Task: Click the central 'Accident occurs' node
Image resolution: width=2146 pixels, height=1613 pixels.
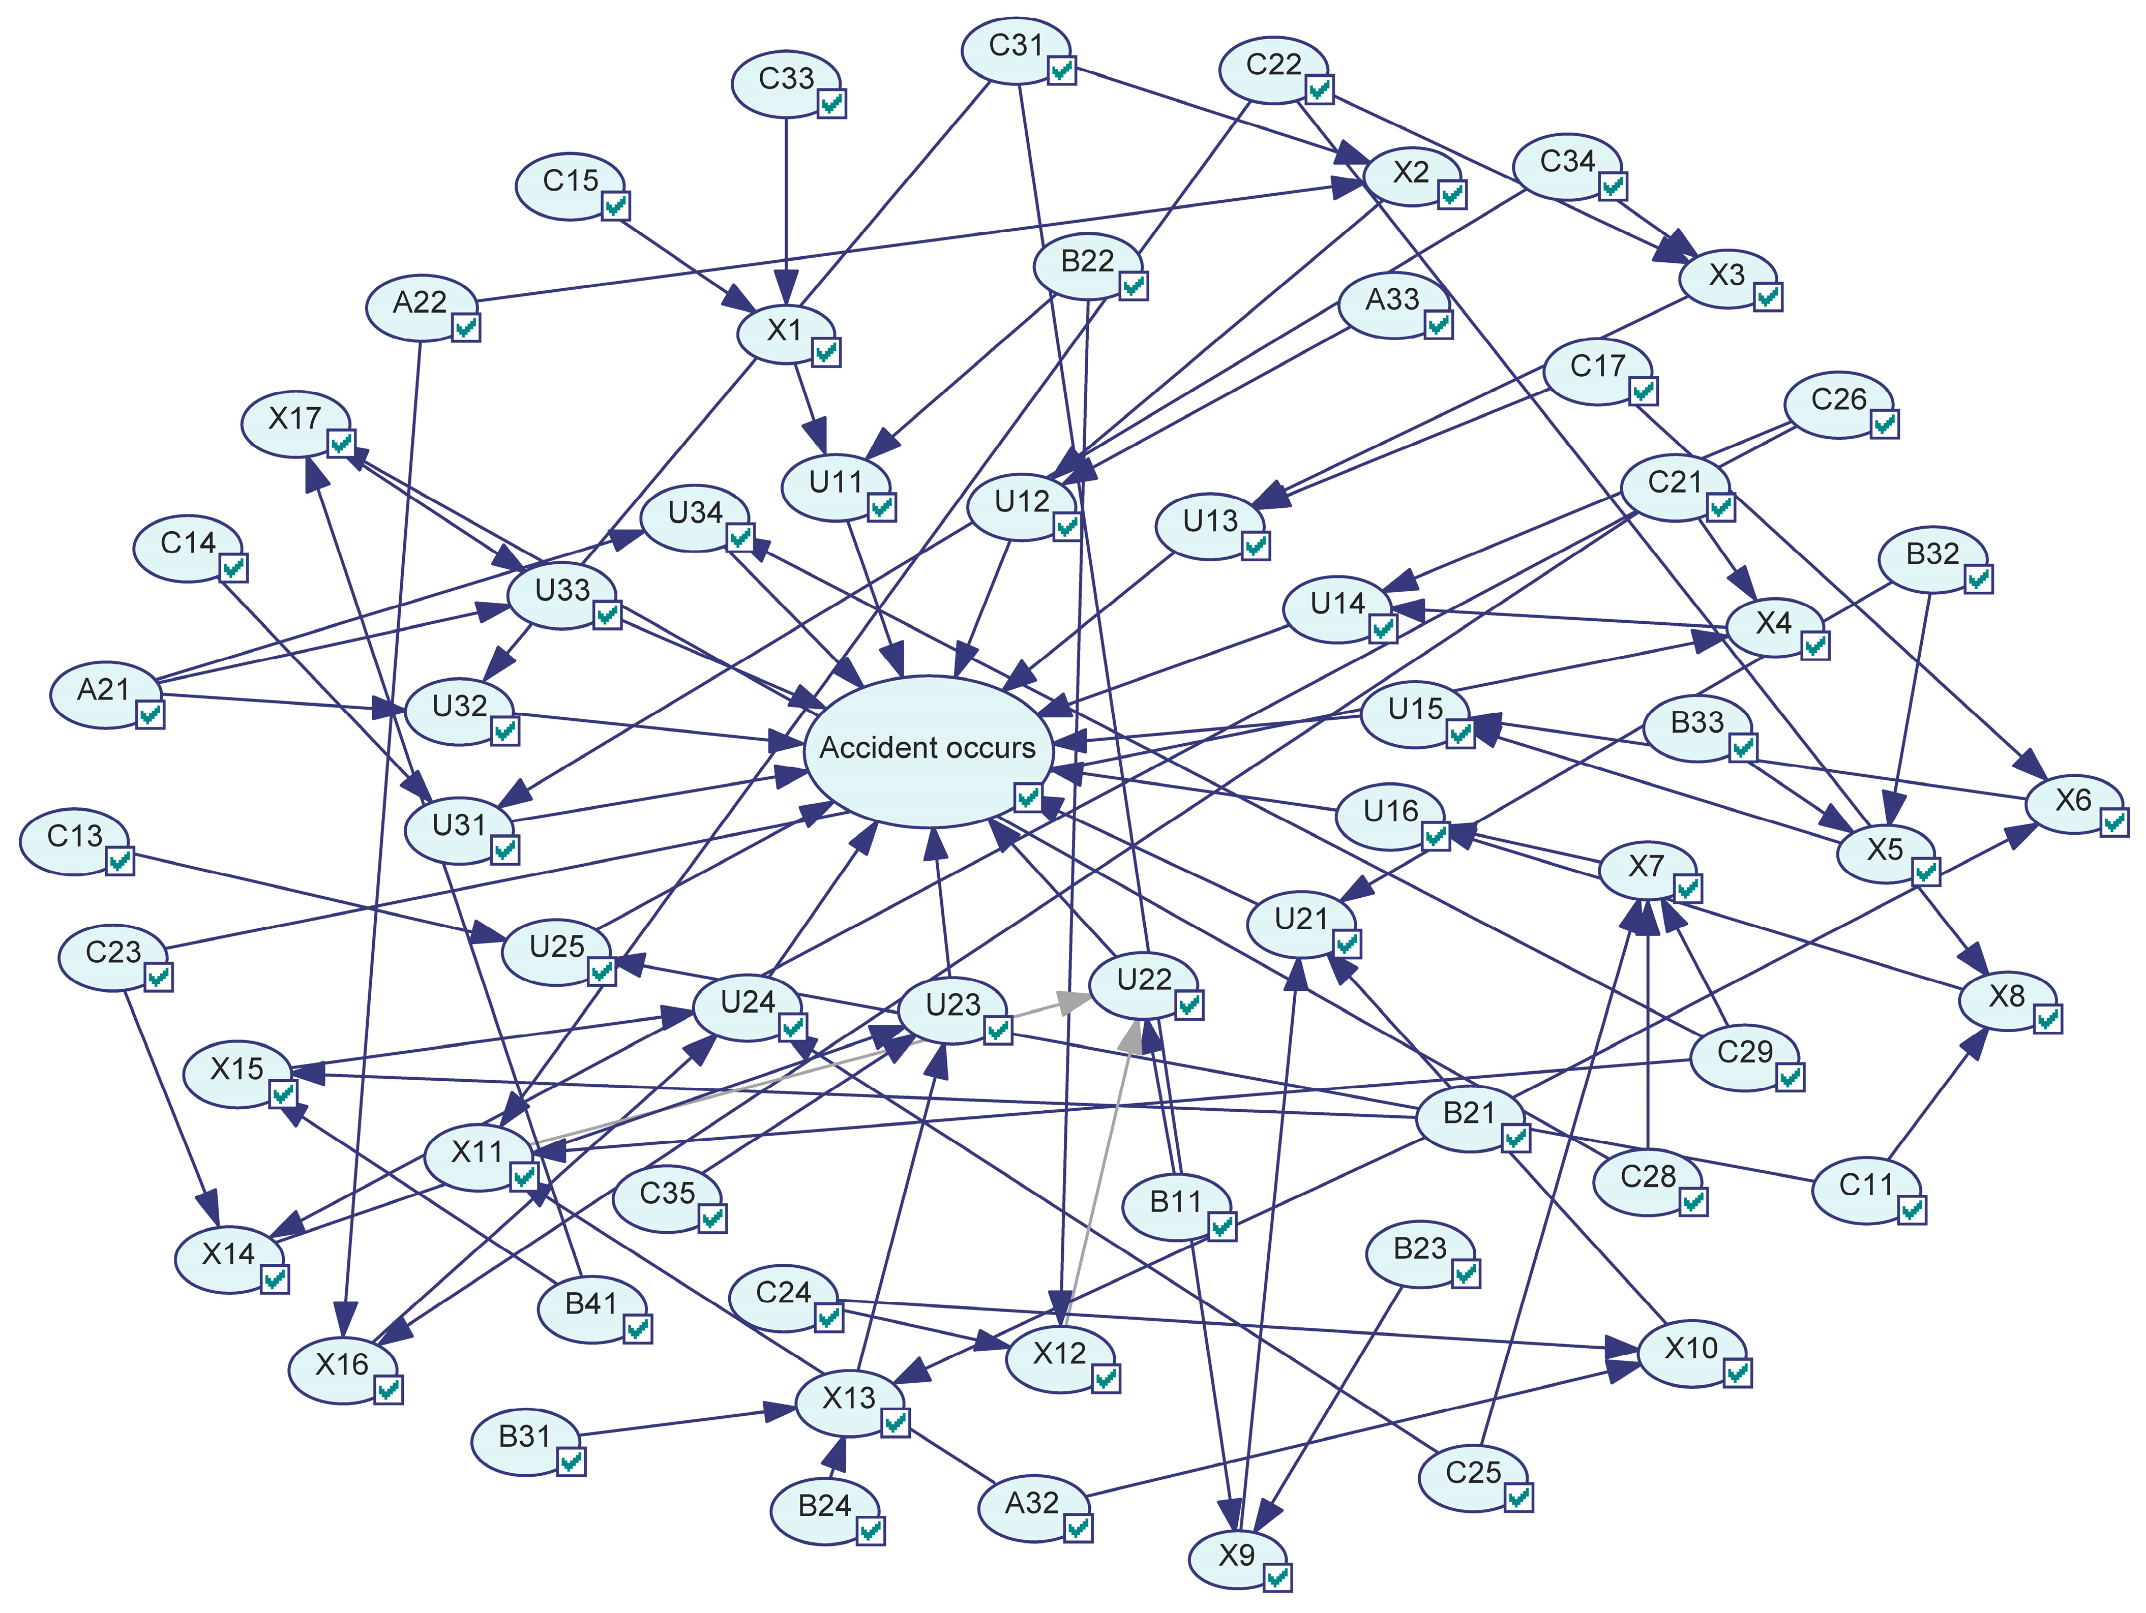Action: click(x=927, y=749)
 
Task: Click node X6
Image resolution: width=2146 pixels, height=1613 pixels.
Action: click(x=2073, y=802)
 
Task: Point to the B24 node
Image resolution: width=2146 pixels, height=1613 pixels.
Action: click(x=825, y=1506)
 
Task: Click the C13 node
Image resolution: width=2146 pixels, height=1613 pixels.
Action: click(x=75, y=837)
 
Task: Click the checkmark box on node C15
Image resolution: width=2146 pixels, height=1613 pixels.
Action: click(x=616, y=205)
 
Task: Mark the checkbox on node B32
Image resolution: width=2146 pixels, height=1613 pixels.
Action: click(x=1978, y=579)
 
